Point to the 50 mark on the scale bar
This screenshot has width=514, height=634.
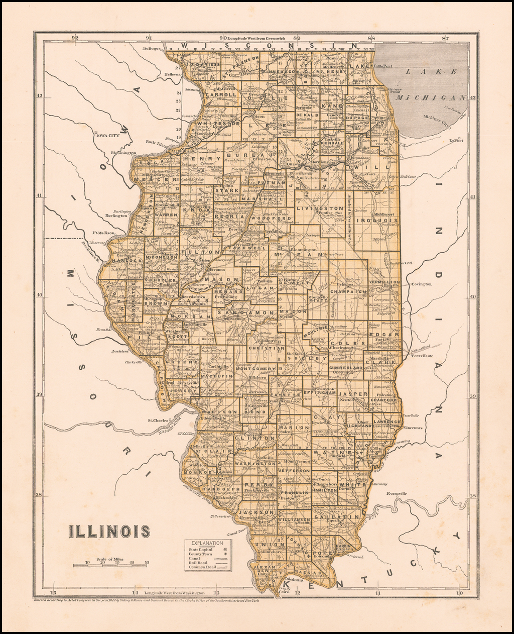pos(147,563)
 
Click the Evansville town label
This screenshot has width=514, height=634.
pos(396,494)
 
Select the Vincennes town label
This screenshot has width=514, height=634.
pos(414,428)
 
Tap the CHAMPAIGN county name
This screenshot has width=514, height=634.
pos(348,291)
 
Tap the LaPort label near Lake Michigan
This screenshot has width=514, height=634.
pos(456,140)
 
